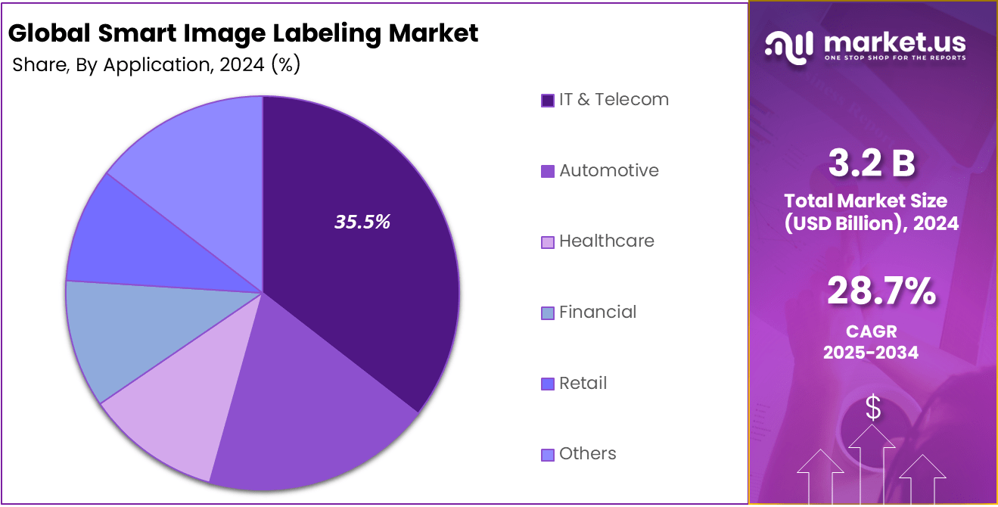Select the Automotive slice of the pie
pyautogui.click(x=303, y=409)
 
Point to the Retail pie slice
pyautogui.click(x=136, y=242)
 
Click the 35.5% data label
pyautogui.click(x=362, y=222)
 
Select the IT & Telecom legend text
pyautogui.click(x=614, y=100)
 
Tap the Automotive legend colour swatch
pyautogui.click(x=548, y=172)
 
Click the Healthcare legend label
pyautogui.click(x=606, y=241)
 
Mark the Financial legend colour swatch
pyautogui.click(x=548, y=313)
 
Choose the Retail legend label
pyautogui.click(x=583, y=383)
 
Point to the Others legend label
pyautogui.click(x=587, y=454)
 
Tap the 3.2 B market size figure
pyautogui.click(x=872, y=164)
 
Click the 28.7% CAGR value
pyautogui.click(x=881, y=292)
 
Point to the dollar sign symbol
pyautogui.click(x=873, y=409)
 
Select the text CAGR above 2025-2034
pyautogui.click(x=871, y=331)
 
